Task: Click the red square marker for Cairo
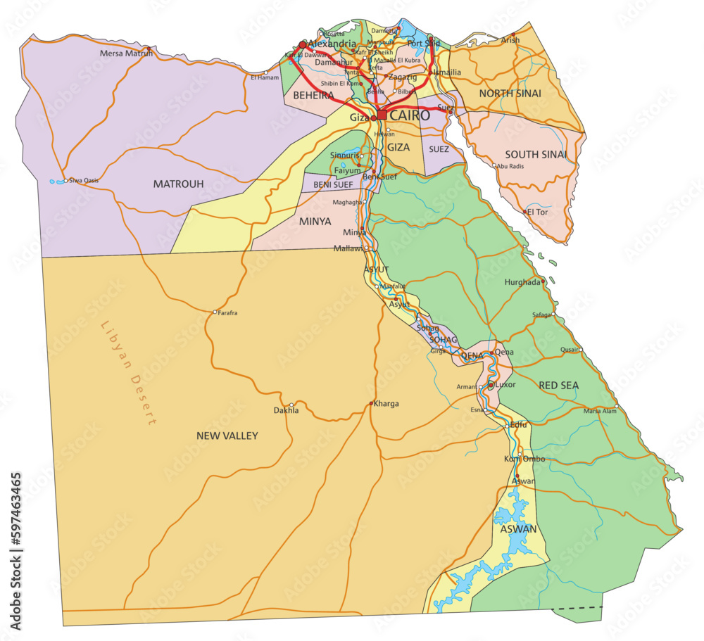coord(382,115)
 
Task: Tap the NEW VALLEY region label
coord(227,436)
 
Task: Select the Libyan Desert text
coord(128,374)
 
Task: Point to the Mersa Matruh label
coord(126,53)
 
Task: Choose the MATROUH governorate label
coord(178,184)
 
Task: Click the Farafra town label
coord(228,312)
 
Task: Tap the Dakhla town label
coord(286,410)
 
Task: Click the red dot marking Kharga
coord(371,403)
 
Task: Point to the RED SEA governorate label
coord(558,386)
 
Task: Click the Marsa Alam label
coord(600,411)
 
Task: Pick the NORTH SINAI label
coord(510,94)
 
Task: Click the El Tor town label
coord(537,212)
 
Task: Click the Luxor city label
coord(505,385)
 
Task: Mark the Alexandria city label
coord(332,44)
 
